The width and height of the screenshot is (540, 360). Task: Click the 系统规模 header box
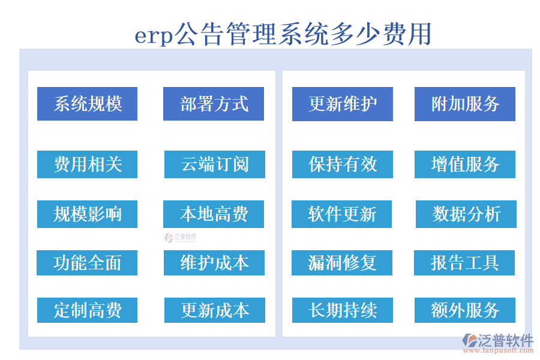[x=87, y=104]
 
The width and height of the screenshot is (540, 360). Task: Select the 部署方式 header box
[x=214, y=104]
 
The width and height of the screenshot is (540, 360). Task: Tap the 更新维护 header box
[x=343, y=104]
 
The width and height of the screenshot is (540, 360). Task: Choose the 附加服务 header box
[x=465, y=104]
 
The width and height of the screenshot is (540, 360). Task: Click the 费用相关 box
[x=87, y=164]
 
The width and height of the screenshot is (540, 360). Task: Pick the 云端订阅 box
[x=215, y=164]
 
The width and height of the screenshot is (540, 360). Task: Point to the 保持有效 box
[x=343, y=164]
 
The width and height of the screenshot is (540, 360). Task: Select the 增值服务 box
[x=465, y=164]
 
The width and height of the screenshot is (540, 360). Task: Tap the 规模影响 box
[x=87, y=214]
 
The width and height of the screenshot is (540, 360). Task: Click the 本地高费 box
[x=214, y=214]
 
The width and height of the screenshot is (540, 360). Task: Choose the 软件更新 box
[x=342, y=214]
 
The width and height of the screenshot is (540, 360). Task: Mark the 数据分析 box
[x=466, y=214]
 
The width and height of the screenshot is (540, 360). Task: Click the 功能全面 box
[x=87, y=263]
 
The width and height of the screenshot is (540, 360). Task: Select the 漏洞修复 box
[x=342, y=263]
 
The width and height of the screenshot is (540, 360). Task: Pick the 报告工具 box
[x=464, y=263]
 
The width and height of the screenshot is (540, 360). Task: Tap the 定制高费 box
[x=87, y=310]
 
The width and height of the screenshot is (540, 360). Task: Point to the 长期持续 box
[x=343, y=310]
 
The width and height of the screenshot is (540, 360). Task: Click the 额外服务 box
[x=465, y=310]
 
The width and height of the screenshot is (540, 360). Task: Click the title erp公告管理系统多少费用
[x=283, y=34]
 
